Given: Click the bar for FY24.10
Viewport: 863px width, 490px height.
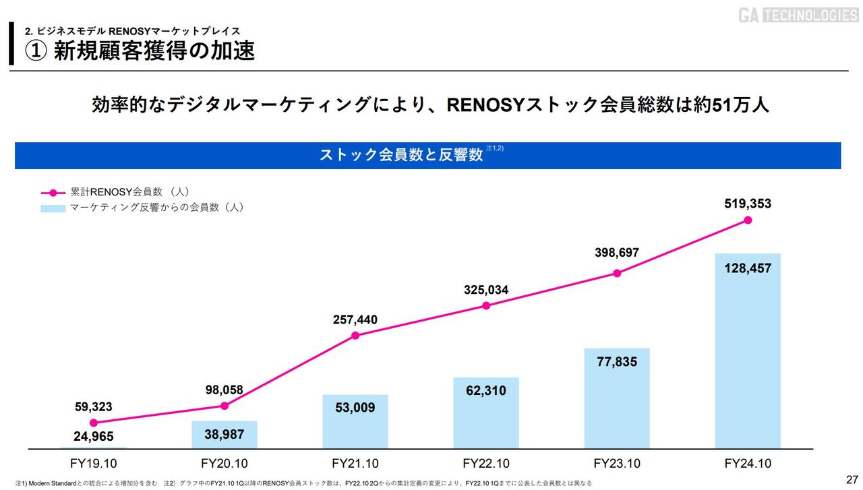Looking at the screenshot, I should click(748, 350).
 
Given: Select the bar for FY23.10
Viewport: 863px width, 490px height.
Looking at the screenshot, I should click(617, 398).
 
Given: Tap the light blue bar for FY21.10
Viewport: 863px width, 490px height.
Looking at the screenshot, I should click(355, 421).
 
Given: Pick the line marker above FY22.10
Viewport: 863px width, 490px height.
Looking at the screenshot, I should click(486, 305).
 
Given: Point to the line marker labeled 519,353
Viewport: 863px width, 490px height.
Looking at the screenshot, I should click(748, 220).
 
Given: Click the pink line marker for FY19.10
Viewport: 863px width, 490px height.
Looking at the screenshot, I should click(93, 423).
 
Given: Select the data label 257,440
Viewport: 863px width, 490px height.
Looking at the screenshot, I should click(355, 319).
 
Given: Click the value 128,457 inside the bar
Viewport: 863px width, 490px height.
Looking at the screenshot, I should click(748, 268).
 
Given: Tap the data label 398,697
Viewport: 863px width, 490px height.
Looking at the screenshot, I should click(617, 253).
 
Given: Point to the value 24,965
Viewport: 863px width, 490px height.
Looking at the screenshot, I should click(93, 437).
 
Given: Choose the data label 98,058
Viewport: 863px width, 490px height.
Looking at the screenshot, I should click(224, 390).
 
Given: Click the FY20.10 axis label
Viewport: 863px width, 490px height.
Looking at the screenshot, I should click(224, 464).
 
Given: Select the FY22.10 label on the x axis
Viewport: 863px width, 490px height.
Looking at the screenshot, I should click(486, 464).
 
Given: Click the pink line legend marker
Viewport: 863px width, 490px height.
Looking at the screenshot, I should click(53, 192).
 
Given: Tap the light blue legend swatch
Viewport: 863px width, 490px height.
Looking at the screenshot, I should click(53, 208).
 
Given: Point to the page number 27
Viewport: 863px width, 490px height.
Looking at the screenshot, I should click(851, 479).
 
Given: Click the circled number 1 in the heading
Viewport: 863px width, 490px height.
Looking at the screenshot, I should click(36, 51).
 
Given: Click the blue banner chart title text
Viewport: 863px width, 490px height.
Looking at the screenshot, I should click(401, 155).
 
